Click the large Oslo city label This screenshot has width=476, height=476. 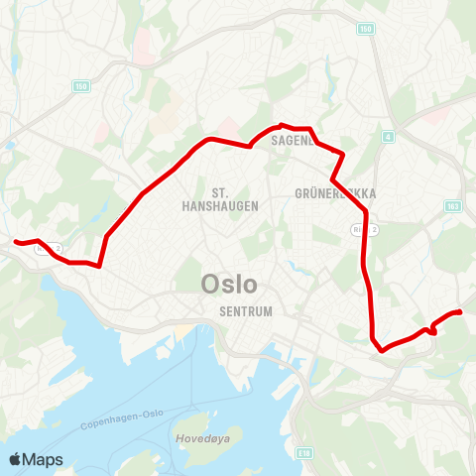229,285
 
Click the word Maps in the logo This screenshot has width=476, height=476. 43,459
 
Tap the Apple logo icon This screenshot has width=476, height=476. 16,458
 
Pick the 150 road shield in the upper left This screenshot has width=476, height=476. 79,86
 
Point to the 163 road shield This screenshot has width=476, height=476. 452,206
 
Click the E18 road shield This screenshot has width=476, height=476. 303,451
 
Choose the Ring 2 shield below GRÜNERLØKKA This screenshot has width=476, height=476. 359,229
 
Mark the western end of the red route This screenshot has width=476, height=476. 15,241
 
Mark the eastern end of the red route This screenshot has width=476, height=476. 461,313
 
